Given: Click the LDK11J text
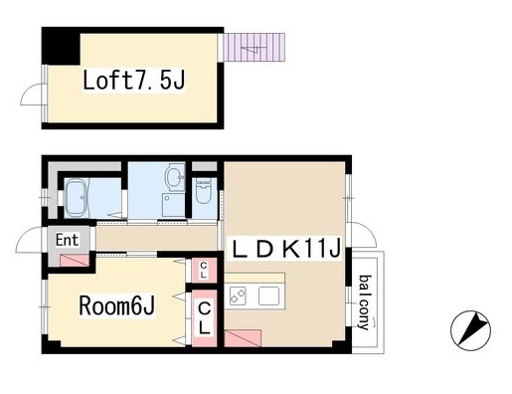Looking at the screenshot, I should [x=287, y=246].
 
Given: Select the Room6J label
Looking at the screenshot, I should [x=115, y=306].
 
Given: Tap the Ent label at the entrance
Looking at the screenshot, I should [x=68, y=239].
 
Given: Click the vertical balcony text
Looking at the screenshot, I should [x=365, y=302].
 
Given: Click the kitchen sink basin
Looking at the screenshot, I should [x=268, y=295].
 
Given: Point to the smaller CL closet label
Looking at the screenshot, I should [x=203, y=269].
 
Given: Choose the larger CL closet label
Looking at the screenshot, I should [x=204, y=319].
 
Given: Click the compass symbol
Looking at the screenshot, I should [x=473, y=329].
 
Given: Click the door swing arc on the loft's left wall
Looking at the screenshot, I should [x=34, y=94].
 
